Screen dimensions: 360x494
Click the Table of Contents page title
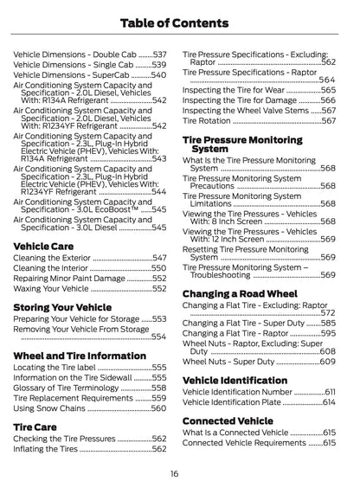pyautogui.click(x=180, y=22)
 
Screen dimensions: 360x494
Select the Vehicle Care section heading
pyautogui.click(x=43, y=246)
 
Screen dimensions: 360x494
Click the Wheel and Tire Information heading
pyautogui.click(x=80, y=356)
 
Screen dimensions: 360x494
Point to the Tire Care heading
pyautogui.click(x=35, y=427)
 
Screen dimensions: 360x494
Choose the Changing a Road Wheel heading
pyautogui.click(x=240, y=293)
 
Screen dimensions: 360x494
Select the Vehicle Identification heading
pyautogui.click(x=235, y=380)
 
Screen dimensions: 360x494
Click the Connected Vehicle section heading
pyautogui.click(x=228, y=420)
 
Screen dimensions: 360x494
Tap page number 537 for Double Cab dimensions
pyautogui.click(x=159, y=54)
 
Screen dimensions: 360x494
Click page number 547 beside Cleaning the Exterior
pyautogui.click(x=159, y=258)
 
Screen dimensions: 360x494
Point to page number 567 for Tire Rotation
pyautogui.click(x=328, y=121)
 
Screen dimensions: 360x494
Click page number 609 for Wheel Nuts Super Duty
pyautogui.click(x=327, y=362)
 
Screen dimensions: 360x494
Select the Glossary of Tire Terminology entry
pyautogui.click(x=65, y=388)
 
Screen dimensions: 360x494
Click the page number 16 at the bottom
pyautogui.click(x=174, y=473)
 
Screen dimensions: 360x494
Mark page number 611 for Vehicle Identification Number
pyautogui.click(x=330, y=392)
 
